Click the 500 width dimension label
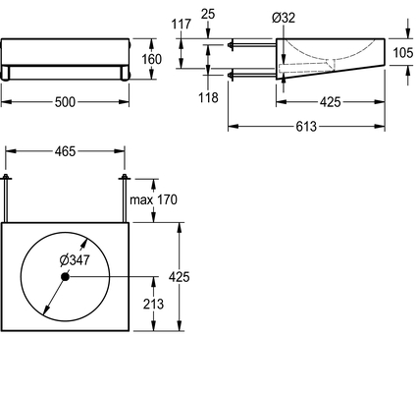tap(65, 102)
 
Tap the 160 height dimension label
tap(151, 59)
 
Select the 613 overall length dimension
tap(306, 127)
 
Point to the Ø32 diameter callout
tap(284, 18)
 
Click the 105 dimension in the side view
tap(403, 53)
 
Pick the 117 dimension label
tap(182, 25)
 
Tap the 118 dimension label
tap(208, 97)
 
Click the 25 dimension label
tap(208, 14)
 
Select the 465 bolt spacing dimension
tap(65, 151)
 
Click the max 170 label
tap(153, 199)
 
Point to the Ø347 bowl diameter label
tap(75, 260)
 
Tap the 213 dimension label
tap(153, 305)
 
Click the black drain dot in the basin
tap(65, 277)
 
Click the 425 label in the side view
tap(331, 102)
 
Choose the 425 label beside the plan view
tap(180, 277)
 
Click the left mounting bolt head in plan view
tap(6, 178)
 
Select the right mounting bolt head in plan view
tap(125, 178)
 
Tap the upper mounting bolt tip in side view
tap(231, 44)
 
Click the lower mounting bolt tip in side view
tap(231, 75)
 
